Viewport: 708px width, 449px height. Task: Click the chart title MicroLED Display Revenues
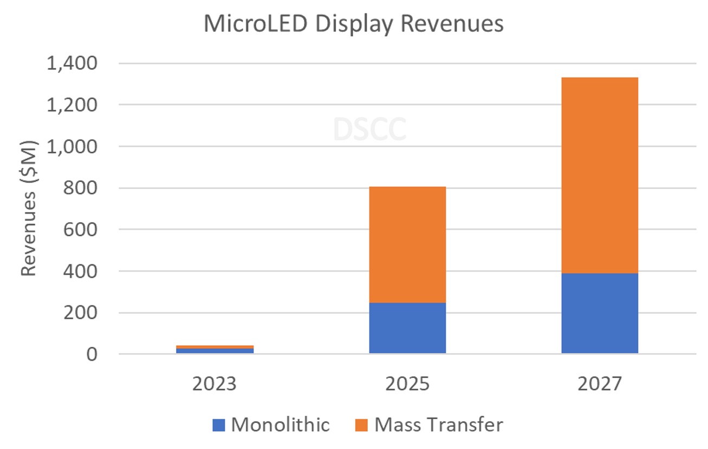click(353, 24)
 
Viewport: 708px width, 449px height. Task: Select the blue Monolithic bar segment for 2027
click(599, 313)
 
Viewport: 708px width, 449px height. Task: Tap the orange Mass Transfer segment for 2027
click(599, 175)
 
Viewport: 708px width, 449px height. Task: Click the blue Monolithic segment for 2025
click(407, 328)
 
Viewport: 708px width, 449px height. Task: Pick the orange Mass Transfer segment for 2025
click(407, 244)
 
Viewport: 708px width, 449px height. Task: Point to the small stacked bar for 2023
click(215, 349)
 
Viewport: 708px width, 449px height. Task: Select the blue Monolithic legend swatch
click(219, 425)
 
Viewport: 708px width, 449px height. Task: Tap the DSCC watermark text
click(369, 129)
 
